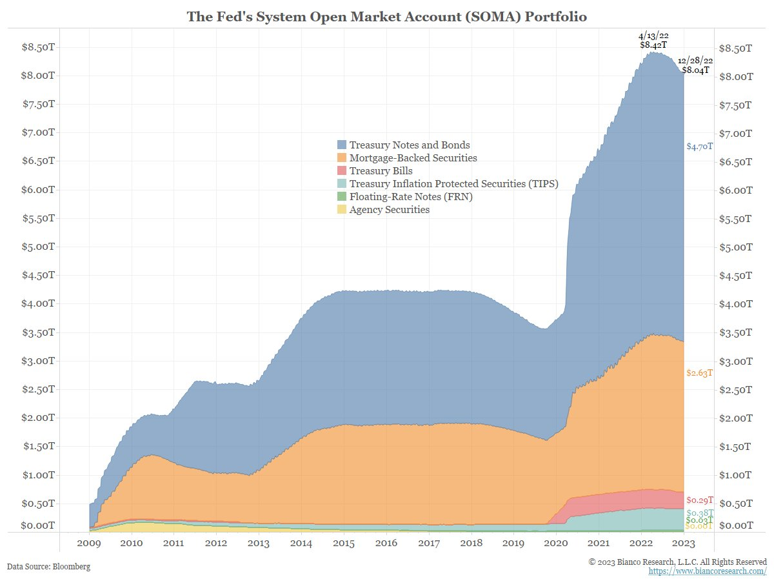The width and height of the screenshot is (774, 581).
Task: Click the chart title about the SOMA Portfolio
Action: pyautogui.click(x=387, y=17)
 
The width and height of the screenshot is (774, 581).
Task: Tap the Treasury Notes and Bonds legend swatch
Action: pyautogui.click(x=341, y=145)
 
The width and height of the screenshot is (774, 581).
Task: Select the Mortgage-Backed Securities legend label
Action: pyautogui.click(x=413, y=158)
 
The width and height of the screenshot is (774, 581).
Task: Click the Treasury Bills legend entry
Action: pyautogui.click(x=381, y=170)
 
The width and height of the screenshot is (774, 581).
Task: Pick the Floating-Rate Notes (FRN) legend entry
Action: pyautogui.click(x=411, y=196)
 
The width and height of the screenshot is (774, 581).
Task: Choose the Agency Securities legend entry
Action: pyautogui.click(x=389, y=209)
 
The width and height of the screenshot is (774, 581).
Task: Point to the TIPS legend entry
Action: pyautogui.click(x=453, y=183)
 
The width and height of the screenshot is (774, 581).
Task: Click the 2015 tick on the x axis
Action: pyautogui.click(x=344, y=543)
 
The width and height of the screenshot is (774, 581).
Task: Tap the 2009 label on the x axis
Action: pyautogui.click(x=89, y=543)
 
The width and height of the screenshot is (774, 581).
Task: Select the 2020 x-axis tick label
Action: pyautogui.click(x=556, y=543)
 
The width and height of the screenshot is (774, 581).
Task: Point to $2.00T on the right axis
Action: pyautogui.click(x=735, y=418)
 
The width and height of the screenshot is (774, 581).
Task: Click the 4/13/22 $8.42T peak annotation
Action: pyautogui.click(x=653, y=41)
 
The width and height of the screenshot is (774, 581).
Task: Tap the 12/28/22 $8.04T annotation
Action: pyautogui.click(x=695, y=65)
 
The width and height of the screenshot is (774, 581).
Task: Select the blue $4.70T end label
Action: pyautogui.click(x=699, y=147)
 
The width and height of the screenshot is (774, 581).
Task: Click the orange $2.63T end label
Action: pyautogui.click(x=699, y=373)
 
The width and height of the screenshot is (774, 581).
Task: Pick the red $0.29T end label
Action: pyautogui.click(x=699, y=500)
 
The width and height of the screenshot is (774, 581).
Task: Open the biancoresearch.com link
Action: pyautogui.click(x=707, y=572)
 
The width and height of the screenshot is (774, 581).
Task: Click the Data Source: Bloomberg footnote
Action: pyautogui.click(x=49, y=566)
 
